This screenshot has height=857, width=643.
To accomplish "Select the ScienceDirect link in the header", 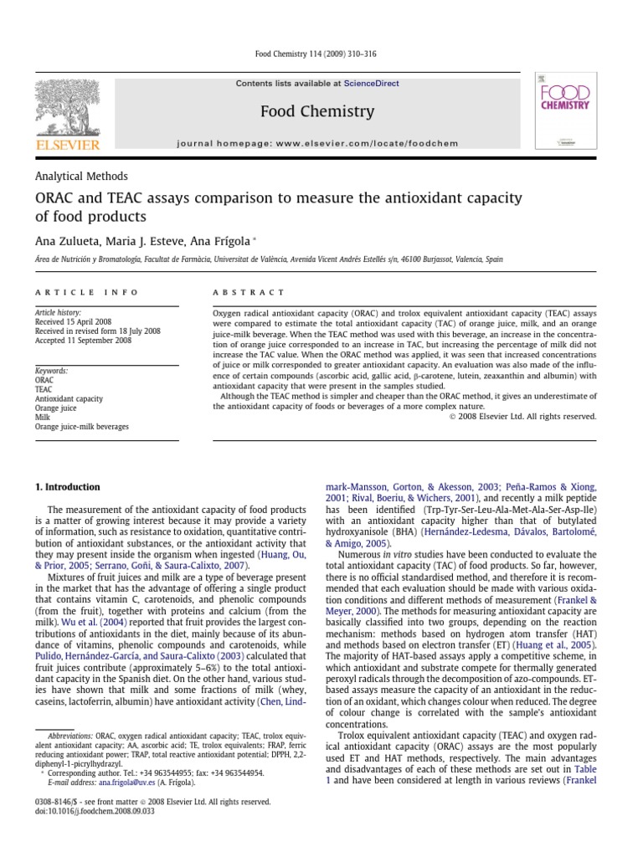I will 370,84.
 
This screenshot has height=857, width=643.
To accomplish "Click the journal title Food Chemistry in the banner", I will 317,111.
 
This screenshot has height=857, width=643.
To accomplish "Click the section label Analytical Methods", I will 81,177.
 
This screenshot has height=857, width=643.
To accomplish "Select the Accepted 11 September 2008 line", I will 83,341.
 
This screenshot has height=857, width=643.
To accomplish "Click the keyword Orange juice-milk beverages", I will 81,427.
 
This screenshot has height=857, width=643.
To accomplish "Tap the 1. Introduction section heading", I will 67,487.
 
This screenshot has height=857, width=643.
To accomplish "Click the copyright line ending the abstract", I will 523,416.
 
